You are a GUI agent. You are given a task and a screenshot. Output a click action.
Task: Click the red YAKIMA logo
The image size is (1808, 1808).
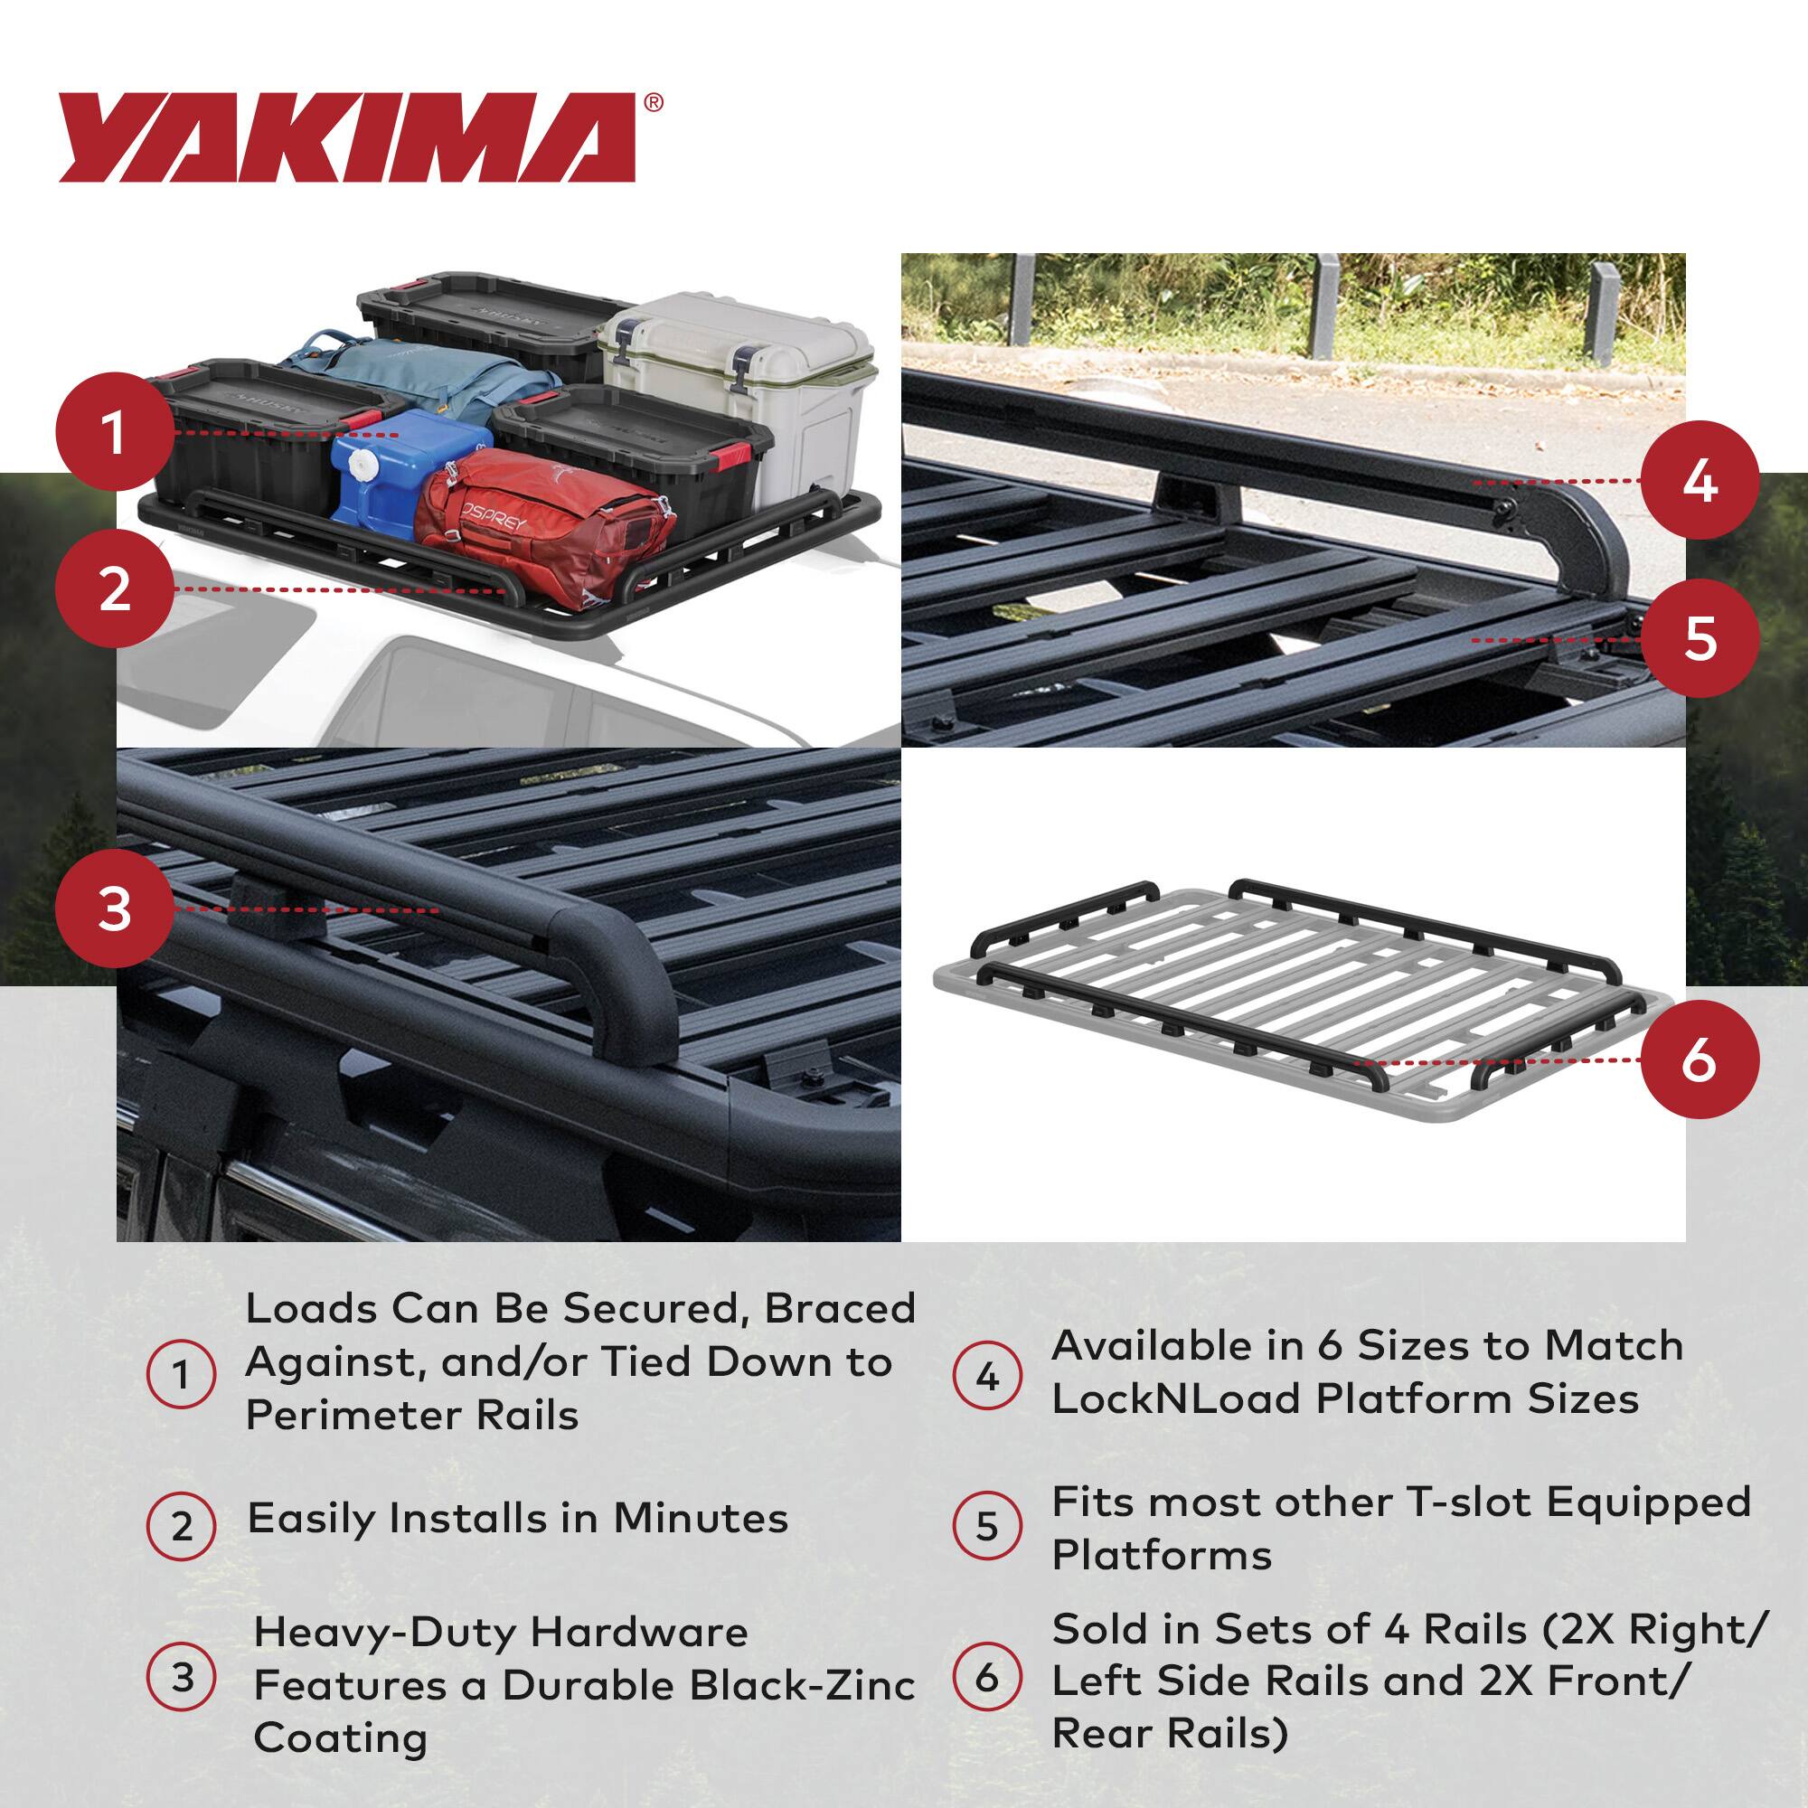pos(347,137)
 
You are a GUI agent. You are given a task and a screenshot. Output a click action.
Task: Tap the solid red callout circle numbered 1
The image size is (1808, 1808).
pos(114,432)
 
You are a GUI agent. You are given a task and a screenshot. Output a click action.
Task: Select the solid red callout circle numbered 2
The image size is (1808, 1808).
pos(114,589)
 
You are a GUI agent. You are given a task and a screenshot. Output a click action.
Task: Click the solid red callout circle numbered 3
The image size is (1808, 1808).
pos(114,908)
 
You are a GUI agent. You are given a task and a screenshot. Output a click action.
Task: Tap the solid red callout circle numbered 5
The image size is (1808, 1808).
pos(1699,639)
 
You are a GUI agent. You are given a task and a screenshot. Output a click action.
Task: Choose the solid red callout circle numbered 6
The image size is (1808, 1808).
pos(1699,1061)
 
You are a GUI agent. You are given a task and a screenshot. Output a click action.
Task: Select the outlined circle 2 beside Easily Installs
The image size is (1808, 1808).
pos(182,1526)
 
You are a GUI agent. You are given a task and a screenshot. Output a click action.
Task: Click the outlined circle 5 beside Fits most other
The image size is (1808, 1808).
pos(987,1526)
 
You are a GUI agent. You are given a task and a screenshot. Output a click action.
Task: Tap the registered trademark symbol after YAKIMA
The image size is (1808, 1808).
pos(654,103)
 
